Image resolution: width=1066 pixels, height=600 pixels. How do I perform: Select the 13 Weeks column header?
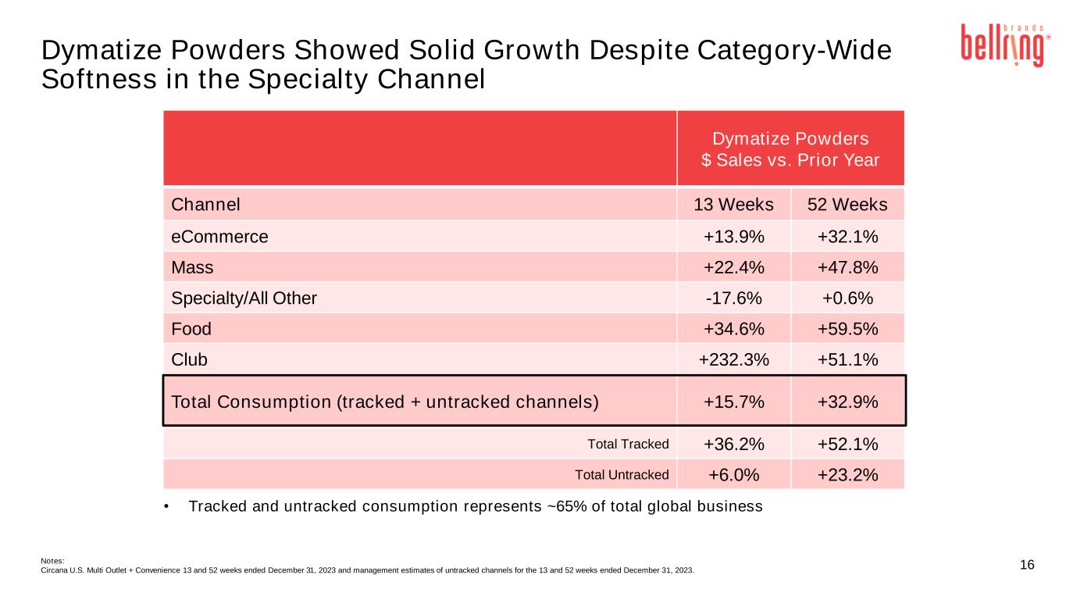tap(733, 205)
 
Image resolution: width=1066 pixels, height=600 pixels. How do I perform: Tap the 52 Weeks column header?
tap(847, 205)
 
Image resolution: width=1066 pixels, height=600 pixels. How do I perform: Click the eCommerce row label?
tap(219, 236)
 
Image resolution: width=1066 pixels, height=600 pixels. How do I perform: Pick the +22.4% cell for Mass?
tap(733, 267)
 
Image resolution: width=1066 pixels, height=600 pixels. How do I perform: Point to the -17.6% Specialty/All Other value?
tap(733, 298)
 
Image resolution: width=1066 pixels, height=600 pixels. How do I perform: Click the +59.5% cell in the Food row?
tap(847, 329)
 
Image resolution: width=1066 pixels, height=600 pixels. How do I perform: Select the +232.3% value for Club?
tap(733, 359)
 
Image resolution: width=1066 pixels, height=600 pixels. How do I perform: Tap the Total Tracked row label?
tap(628, 444)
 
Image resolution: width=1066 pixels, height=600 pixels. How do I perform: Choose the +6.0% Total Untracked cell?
tap(733, 474)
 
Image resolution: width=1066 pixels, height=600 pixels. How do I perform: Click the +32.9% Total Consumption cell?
tap(847, 402)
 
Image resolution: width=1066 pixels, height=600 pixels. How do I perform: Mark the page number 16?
tap(1027, 565)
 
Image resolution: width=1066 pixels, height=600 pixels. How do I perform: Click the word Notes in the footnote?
tap(52, 560)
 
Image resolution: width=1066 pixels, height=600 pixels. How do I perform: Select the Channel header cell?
tap(205, 205)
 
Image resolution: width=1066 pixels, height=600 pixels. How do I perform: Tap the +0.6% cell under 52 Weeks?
tap(847, 298)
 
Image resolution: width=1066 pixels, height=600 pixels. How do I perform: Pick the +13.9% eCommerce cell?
tap(733, 236)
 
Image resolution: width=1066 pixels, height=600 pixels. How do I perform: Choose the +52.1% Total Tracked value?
tap(847, 444)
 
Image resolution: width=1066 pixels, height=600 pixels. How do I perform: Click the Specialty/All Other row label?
tap(244, 298)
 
